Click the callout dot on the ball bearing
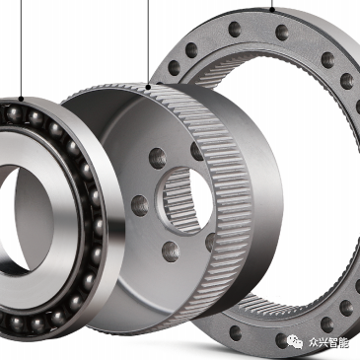click(x=21, y=99)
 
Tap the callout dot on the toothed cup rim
click(x=148, y=87)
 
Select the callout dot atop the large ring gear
click(x=272, y=10)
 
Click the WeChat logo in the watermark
click(x=295, y=342)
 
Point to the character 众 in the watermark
click(x=314, y=343)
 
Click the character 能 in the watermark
click(x=343, y=343)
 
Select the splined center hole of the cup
click(x=184, y=200)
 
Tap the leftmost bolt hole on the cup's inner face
click(x=140, y=205)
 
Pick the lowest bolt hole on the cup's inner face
click(x=171, y=252)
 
